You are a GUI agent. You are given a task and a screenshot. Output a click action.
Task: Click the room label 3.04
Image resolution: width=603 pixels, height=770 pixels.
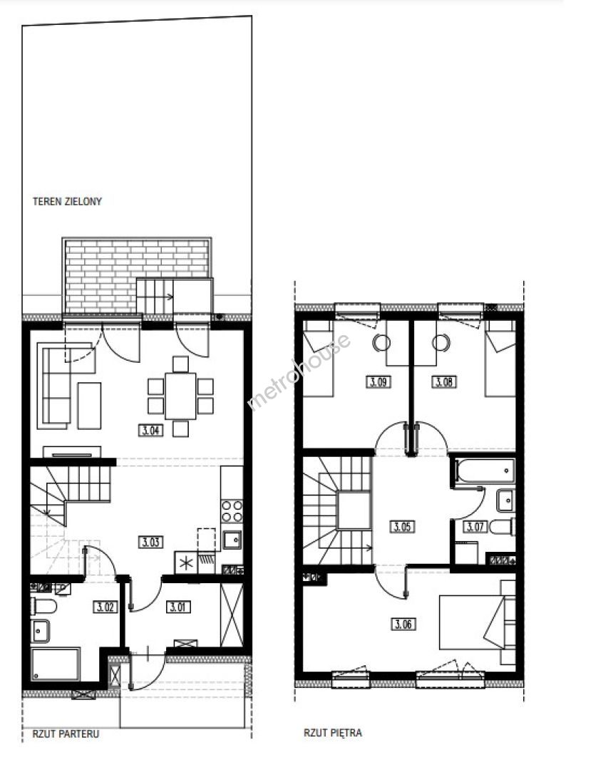pyautogui.click(x=150, y=431)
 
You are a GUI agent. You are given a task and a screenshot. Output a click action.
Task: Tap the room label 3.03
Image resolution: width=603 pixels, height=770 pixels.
pyautogui.click(x=150, y=542)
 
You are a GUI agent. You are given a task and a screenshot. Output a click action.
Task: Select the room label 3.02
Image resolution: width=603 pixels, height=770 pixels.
pyautogui.click(x=105, y=607)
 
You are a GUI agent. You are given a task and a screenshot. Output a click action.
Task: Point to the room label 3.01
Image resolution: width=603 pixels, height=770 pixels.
pyautogui.click(x=177, y=607)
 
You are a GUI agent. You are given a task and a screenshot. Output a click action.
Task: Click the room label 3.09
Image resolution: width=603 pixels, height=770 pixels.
pyautogui.click(x=378, y=381)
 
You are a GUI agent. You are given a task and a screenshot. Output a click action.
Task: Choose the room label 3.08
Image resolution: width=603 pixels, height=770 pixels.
pyautogui.click(x=444, y=381)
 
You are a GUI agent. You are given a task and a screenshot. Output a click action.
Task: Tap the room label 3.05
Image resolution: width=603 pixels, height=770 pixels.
pyautogui.click(x=402, y=527)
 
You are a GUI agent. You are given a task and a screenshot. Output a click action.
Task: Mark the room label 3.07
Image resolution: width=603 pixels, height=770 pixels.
pyautogui.click(x=475, y=527)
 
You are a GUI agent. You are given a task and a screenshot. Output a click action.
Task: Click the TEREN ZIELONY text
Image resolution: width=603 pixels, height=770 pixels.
pyautogui.click(x=67, y=201)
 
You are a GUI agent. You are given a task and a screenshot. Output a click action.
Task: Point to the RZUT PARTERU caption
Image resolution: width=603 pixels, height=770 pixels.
pyautogui.click(x=66, y=734)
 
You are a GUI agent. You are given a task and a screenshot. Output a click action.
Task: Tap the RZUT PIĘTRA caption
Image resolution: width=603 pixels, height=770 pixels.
pyautogui.click(x=333, y=733)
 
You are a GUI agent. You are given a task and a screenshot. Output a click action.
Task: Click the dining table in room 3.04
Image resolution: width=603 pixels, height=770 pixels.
pyautogui.click(x=181, y=396)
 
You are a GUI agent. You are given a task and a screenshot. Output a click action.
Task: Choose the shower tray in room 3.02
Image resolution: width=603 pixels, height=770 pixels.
pyautogui.click(x=56, y=664)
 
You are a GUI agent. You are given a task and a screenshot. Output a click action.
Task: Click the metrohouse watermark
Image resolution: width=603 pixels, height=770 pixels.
pyautogui.click(x=299, y=371)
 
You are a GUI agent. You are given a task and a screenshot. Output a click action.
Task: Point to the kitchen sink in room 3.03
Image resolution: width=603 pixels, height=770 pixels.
pyautogui.click(x=232, y=540)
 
